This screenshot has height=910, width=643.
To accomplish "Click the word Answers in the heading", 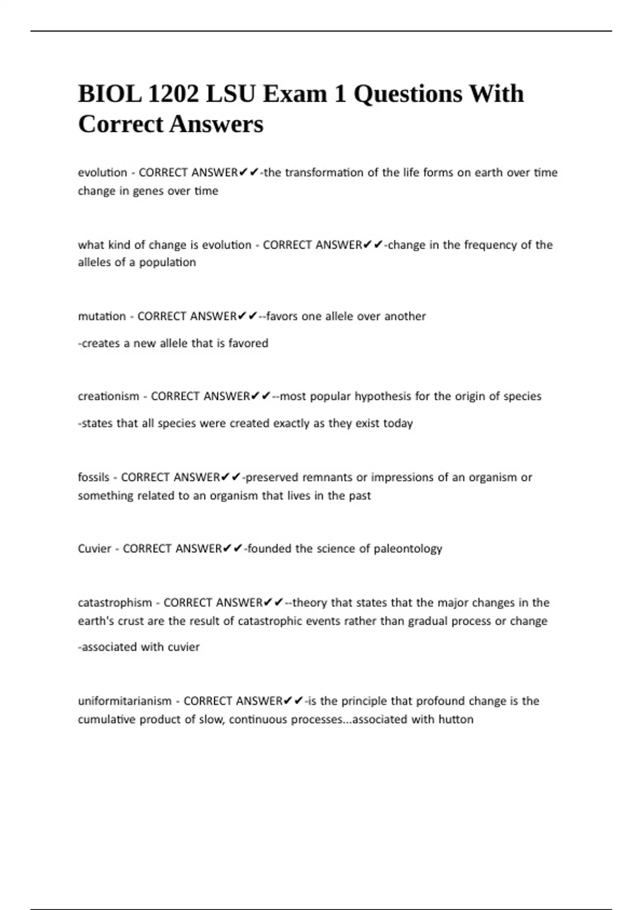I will coord(216,124).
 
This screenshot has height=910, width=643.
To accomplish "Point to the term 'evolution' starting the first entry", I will coord(102,173).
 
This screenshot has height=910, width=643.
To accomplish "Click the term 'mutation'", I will coord(102,316).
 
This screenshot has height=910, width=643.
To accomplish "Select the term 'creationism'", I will coord(108,397).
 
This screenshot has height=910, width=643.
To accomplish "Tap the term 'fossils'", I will coord(93,477).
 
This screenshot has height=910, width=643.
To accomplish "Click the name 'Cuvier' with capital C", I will coord(94,549).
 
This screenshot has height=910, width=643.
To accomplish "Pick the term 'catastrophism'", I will coord(115,603).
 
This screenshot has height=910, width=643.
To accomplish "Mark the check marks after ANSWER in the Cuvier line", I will coord(232,549).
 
